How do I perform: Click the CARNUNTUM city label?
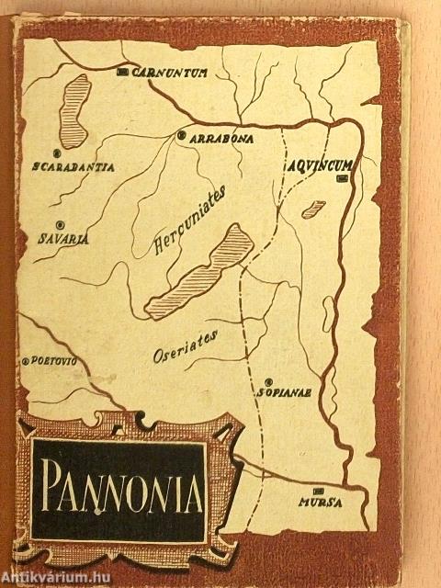point(170,71)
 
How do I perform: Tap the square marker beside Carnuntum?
point(124,71)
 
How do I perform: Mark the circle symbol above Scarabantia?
point(57,153)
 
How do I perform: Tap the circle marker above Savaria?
point(60,224)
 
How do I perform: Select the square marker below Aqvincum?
point(343,178)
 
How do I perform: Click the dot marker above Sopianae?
point(269,379)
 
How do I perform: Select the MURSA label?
point(319,502)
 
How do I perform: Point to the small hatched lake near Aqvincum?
point(313,209)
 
